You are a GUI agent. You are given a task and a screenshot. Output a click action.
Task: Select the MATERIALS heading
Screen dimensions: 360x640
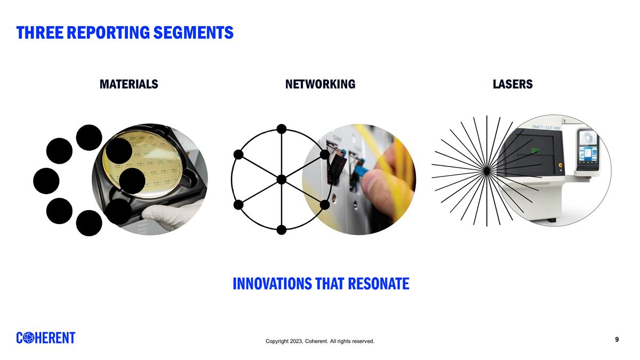pos(129,84)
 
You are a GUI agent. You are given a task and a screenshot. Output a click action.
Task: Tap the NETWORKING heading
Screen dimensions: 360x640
pos(320,84)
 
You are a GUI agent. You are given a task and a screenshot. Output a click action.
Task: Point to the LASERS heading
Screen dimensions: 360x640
pos(513,84)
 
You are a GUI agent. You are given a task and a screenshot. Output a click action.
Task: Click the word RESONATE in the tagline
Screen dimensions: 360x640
pos(378,284)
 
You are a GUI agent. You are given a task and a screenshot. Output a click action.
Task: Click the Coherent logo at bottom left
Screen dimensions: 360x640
pos(46,338)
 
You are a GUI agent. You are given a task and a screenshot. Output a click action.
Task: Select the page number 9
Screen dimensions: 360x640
pos(617,340)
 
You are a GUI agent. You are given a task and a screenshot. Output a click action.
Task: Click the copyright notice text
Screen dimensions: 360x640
pos(320,341)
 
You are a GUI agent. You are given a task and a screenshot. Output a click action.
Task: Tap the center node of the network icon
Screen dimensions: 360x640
pos(282,179)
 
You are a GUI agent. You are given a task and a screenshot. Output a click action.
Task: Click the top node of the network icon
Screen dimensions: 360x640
pos(282,129)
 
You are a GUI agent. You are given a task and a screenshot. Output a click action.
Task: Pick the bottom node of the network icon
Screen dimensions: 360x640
pos(282,230)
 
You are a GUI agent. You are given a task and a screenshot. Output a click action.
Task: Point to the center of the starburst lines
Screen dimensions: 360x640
pos(486,170)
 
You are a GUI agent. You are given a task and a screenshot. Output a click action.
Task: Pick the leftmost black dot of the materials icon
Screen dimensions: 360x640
pos(46,181)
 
